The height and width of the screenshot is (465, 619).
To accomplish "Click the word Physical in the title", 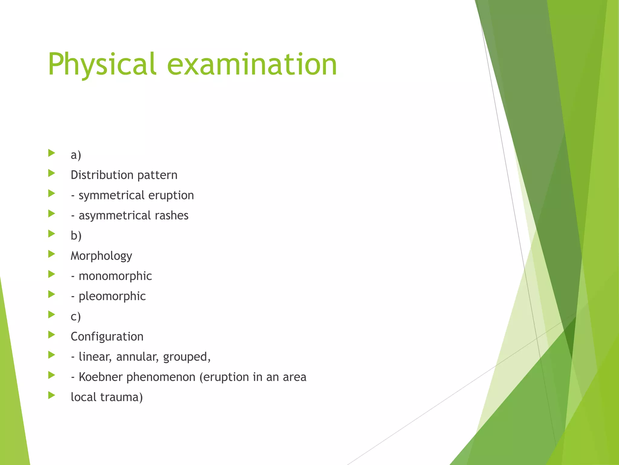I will point(102,64).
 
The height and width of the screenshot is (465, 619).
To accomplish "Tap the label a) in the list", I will point(76,155).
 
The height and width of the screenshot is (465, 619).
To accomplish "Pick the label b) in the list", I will point(76,236).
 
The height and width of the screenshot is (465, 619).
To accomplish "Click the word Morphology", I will point(101,256).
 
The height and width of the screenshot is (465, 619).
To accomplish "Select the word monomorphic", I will point(115,276).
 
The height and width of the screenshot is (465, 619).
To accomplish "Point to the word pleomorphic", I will point(112,296).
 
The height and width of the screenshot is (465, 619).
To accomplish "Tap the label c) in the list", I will point(76,317).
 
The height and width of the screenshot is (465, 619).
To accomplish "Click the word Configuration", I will point(107,337).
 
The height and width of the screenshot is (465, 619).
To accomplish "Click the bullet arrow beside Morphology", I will point(52,254).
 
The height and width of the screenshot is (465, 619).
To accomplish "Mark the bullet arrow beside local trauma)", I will point(52,395).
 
